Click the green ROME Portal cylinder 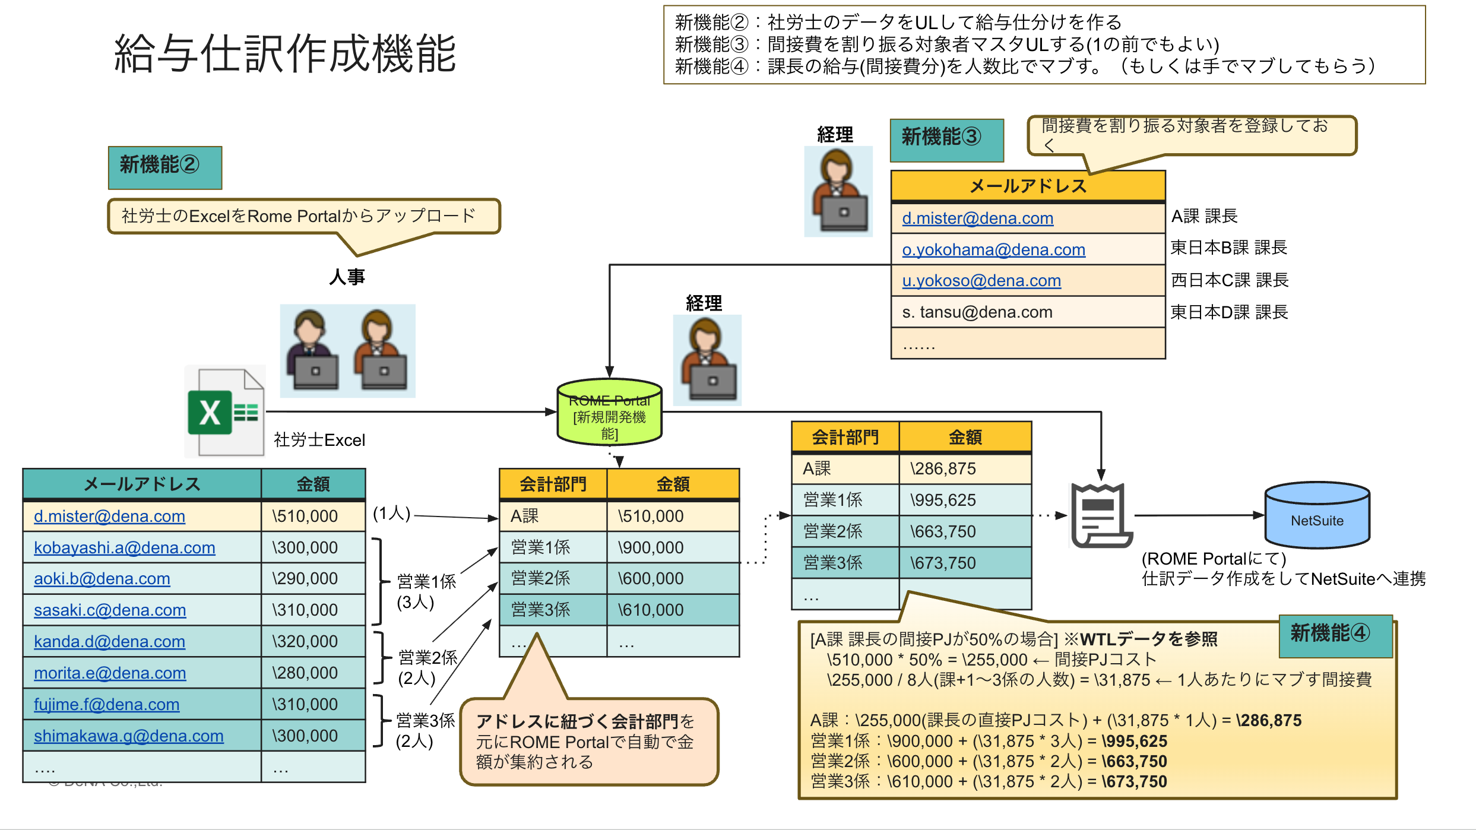point(609,413)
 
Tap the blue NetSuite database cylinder point(1317,515)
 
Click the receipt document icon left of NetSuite point(1100,515)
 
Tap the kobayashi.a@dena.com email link point(125,547)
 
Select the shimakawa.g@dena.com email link point(129,736)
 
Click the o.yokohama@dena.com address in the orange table point(993,250)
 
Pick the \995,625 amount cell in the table point(943,500)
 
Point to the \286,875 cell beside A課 point(943,468)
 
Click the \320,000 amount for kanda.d point(305,641)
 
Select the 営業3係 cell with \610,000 point(540,610)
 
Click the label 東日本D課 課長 point(1228,312)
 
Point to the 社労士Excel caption point(319,440)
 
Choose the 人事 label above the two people point(347,277)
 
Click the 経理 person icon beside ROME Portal point(707,360)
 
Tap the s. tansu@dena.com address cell point(977,312)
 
